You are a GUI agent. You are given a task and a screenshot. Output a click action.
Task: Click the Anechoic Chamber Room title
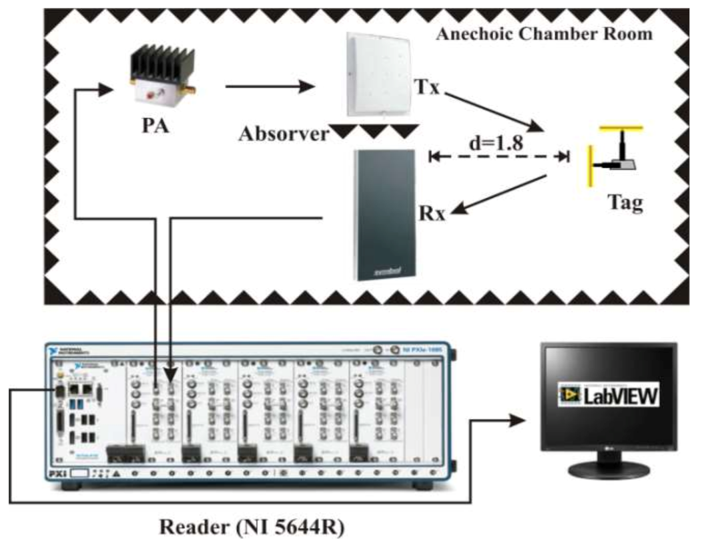coord(544,33)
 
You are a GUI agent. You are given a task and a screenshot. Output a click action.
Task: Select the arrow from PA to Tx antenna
coord(270,86)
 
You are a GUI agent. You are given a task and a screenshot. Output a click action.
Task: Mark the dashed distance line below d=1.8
coord(498,157)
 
